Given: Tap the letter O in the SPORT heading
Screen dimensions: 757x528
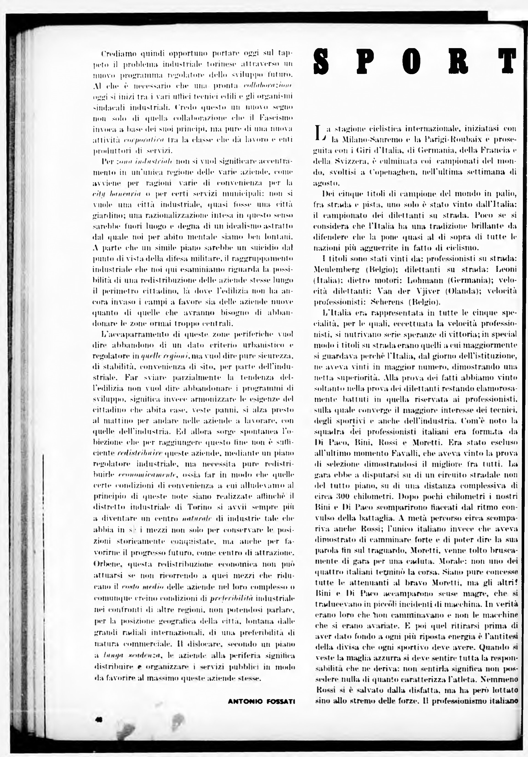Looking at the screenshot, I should (x=412, y=61).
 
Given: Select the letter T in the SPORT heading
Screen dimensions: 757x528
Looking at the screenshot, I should (x=507, y=61).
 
